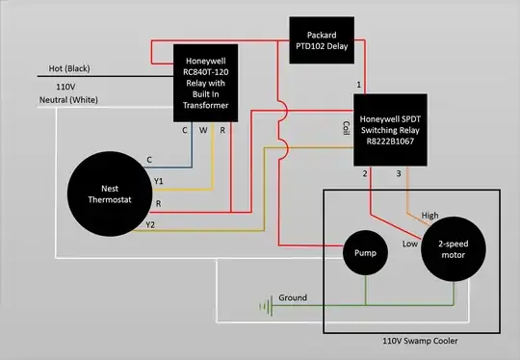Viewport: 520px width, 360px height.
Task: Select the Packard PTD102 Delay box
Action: [x=330, y=41]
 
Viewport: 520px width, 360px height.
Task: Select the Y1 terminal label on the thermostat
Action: [x=160, y=180]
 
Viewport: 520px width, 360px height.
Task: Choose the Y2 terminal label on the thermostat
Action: [x=149, y=224]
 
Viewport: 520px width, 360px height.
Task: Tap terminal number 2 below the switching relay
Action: [x=365, y=173]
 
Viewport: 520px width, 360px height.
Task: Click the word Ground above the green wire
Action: [x=293, y=298]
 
